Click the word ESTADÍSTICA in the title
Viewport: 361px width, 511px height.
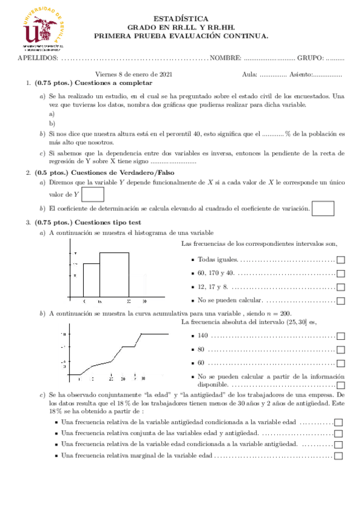(x=181, y=19)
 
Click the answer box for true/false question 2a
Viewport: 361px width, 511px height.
(x=92, y=195)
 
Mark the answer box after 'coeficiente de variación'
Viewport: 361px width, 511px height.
(x=324, y=208)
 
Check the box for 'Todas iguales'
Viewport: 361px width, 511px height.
(x=341, y=260)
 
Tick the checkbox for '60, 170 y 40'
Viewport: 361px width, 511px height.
(x=341, y=274)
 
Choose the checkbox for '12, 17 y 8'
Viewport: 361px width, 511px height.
(x=341, y=287)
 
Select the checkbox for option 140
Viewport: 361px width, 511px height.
(x=341, y=336)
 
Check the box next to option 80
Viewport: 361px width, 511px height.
(x=341, y=350)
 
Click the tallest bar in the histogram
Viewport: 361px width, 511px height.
(x=114, y=274)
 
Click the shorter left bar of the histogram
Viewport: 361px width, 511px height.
(x=91, y=280)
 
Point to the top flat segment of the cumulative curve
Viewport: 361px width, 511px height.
(x=155, y=333)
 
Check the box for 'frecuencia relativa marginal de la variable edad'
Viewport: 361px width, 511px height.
(x=338, y=456)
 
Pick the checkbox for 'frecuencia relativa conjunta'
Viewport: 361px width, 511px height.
(x=338, y=433)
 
